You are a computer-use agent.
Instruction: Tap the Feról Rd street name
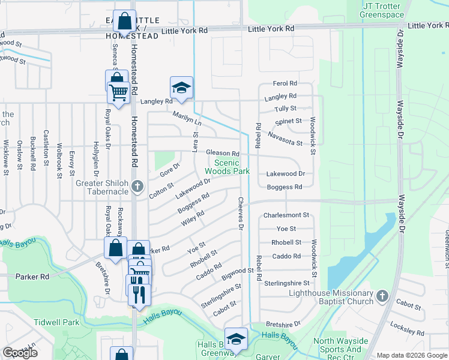[285, 83]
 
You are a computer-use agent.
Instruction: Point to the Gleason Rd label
[223, 154]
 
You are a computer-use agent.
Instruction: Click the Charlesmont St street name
[286, 215]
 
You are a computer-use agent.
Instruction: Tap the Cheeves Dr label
[241, 214]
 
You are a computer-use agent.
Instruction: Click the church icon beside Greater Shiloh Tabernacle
[137, 186]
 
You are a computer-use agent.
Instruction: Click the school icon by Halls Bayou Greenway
[236, 339]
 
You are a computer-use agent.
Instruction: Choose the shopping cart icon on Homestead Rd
[119, 92]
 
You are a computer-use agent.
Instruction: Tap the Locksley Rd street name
[420, 331]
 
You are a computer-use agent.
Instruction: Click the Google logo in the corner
[20, 353]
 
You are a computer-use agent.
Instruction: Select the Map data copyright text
[412, 355]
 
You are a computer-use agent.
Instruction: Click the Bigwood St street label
[237, 274]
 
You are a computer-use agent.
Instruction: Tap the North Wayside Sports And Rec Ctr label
[337, 346]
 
